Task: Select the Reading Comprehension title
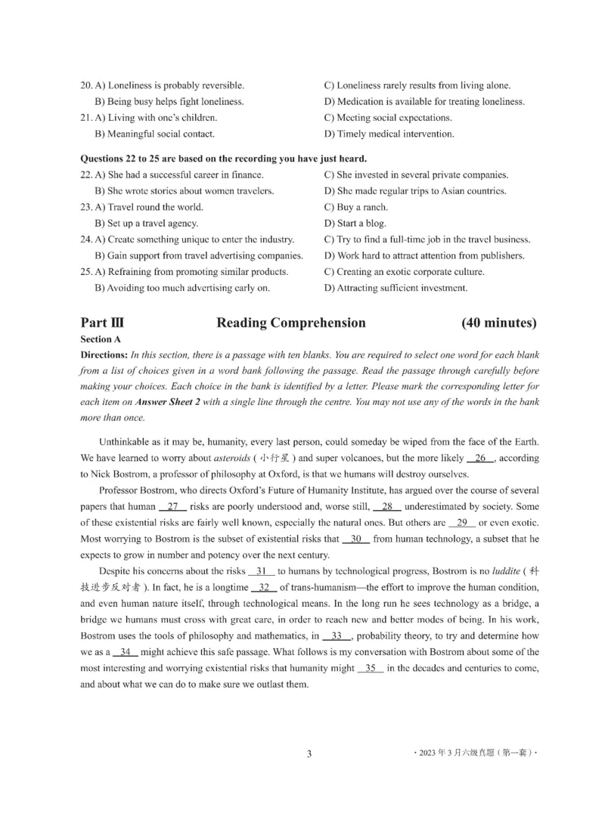(291, 323)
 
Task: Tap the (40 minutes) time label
(499, 323)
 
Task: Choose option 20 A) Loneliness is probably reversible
(162, 85)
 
